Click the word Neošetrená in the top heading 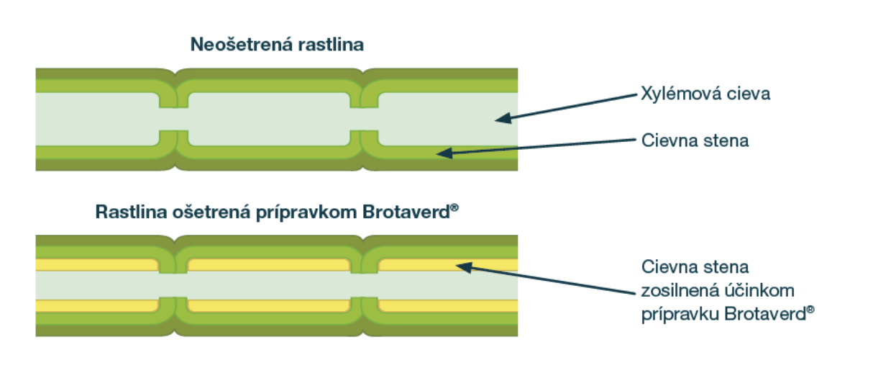point(242,44)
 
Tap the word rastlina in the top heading point(331,45)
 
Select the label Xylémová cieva point(705,94)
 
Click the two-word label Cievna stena point(695,140)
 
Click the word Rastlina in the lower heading point(131,212)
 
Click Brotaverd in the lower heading point(406,212)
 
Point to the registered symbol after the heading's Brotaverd point(454,207)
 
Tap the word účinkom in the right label point(759,291)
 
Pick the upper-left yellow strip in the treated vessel point(96,265)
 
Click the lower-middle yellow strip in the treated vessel point(269,305)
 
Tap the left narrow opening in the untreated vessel point(174,119)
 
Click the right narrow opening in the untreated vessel point(364,119)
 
